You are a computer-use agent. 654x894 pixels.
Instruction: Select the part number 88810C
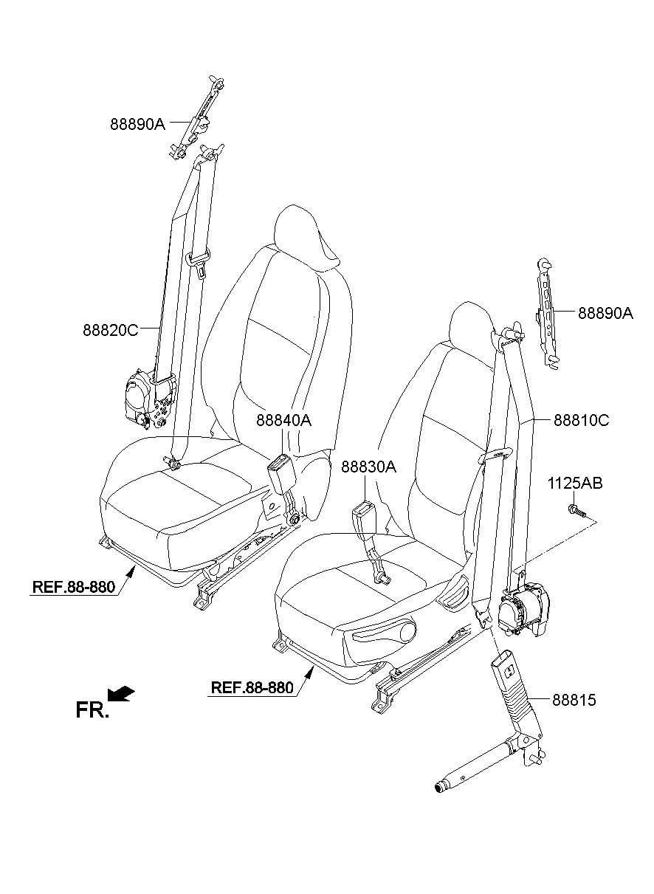coord(582,420)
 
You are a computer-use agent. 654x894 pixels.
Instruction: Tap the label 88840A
coord(283,420)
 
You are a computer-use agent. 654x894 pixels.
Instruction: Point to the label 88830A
coord(368,467)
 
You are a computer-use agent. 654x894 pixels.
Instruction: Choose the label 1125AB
coord(575,484)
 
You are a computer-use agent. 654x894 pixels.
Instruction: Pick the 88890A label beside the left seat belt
coord(137,125)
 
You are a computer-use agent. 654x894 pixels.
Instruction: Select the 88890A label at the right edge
coord(606,313)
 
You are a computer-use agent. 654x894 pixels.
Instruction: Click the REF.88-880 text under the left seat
coord(73,587)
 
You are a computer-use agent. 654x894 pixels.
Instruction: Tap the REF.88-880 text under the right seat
coord(252,687)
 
